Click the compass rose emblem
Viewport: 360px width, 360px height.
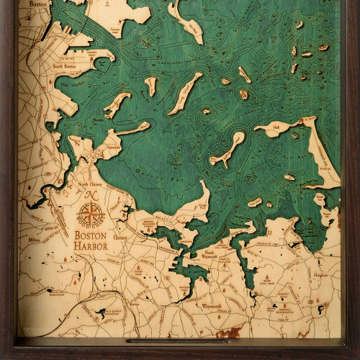pyautogui.click(x=91, y=214)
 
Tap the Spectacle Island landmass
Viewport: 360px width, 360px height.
pyautogui.click(x=150, y=86)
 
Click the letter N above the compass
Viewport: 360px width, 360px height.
pyautogui.click(x=91, y=195)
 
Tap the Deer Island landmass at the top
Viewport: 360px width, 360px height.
pyautogui.click(x=186, y=19)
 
